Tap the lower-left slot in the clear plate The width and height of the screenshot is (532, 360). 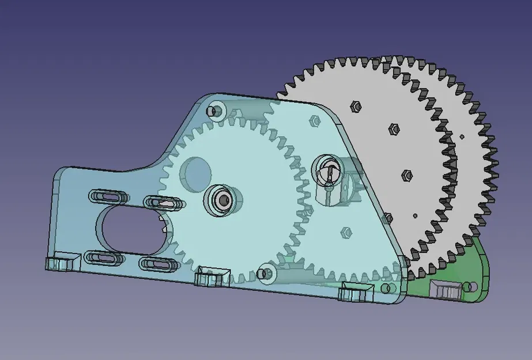(x=104, y=257)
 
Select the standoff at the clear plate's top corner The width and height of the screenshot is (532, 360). (x=217, y=110)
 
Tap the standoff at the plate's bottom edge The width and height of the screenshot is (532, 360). (x=266, y=272)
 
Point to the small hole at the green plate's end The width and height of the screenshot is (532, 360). (x=473, y=286)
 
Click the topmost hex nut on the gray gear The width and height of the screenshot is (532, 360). (x=355, y=106)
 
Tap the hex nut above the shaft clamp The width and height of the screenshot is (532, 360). (x=315, y=121)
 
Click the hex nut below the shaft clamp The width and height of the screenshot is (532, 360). (x=347, y=232)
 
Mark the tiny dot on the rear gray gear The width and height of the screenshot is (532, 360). (x=462, y=137)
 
